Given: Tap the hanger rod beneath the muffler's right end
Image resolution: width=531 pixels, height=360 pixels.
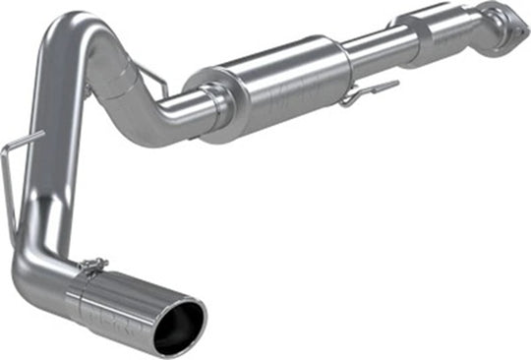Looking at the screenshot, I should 359,94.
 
